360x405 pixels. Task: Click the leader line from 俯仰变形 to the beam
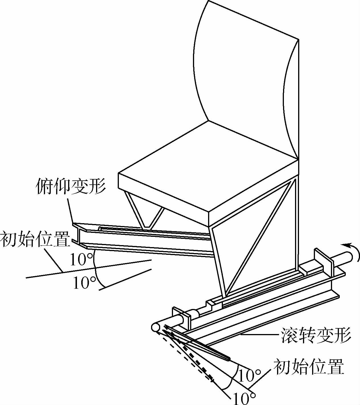pyautogui.click(x=70, y=209)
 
